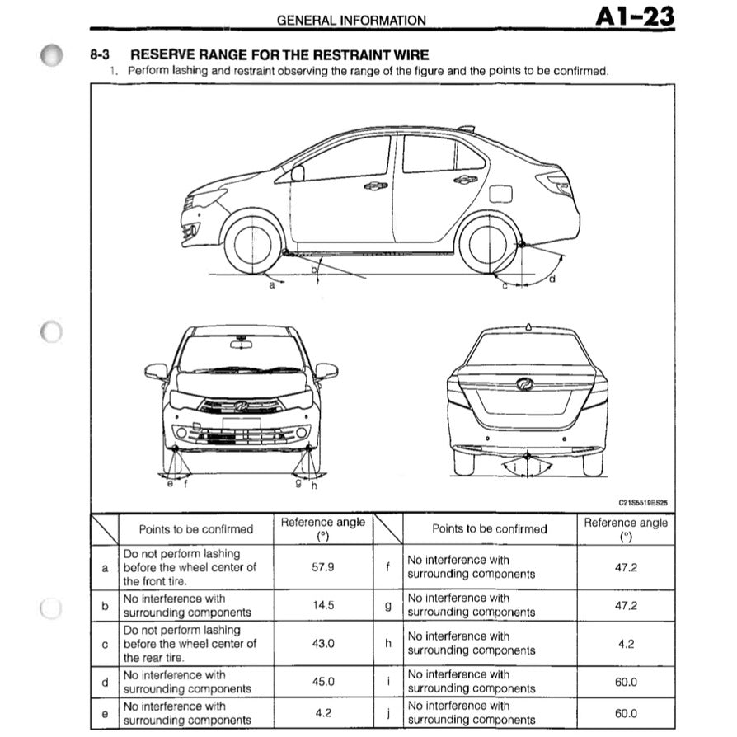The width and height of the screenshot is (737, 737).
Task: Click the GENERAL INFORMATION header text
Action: tap(351, 21)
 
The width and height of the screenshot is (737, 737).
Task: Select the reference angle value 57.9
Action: tap(322, 567)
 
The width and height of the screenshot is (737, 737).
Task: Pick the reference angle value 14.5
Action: tap(322, 605)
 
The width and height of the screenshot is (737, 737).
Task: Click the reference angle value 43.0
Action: tap(322, 643)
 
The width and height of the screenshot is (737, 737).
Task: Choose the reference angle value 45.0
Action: tap(322, 681)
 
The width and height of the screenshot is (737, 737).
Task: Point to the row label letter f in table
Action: tap(388, 567)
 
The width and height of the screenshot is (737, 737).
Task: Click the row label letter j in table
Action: tap(388, 713)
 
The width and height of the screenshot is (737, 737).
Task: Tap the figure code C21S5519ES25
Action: tap(643, 500)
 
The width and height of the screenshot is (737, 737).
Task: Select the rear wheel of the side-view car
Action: tap(487, 243)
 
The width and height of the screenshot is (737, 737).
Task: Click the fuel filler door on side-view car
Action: tap(501, 194)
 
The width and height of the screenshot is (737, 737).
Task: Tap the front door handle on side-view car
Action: tap(376, 185)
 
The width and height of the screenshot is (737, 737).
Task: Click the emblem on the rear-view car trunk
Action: tap(525, 384)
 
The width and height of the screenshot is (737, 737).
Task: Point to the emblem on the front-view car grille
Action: tap(241, 406)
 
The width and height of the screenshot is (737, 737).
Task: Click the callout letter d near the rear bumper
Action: tap(552, 279)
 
